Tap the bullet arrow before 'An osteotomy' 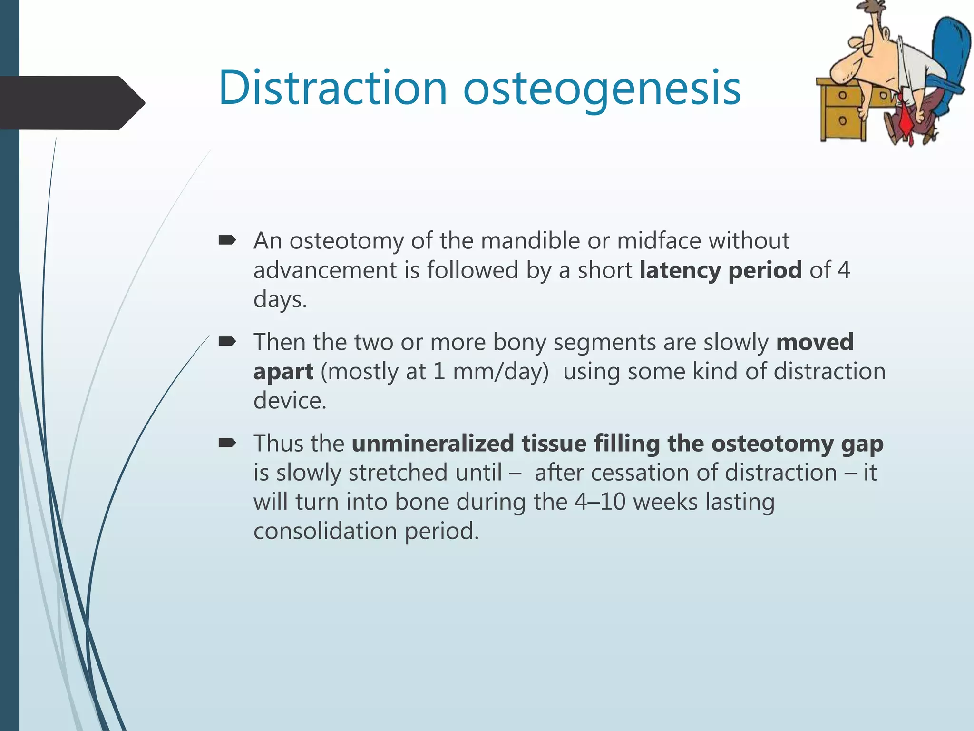pos(227,240)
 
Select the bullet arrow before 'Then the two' pos(227,341)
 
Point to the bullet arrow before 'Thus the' pos(227,443)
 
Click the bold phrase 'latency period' pos(721,270)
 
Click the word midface pos(659,240)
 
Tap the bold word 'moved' pos(815,342)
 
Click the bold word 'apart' pos(283,372)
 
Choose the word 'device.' pos(290,401)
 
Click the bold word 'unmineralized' pos(433,443)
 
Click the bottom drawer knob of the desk pos(842,120)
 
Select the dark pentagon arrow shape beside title pos(71,102)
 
